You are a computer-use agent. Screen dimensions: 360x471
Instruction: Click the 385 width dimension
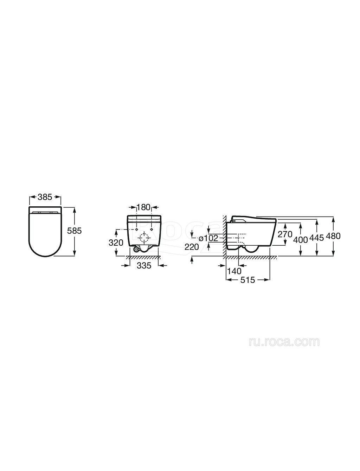click(x=45, y=197)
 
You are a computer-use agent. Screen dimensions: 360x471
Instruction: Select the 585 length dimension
click(x=75, y=231)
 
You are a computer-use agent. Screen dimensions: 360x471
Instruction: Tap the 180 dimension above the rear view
click(x=143, y=207)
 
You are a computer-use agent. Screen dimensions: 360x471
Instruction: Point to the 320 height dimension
click(x=116, y=243)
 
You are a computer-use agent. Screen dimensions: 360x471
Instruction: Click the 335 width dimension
click(x=144, y=266)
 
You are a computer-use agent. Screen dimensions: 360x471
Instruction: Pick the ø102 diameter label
click(x=208, y=238)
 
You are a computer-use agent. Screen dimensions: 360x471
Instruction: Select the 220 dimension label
click(x=192, y=247)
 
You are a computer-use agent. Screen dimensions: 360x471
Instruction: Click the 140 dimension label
click(x=234, y=271)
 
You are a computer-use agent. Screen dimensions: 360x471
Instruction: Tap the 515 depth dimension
click(x=247, y=280)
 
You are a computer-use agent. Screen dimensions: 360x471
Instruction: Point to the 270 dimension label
click(x=285, y=234)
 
